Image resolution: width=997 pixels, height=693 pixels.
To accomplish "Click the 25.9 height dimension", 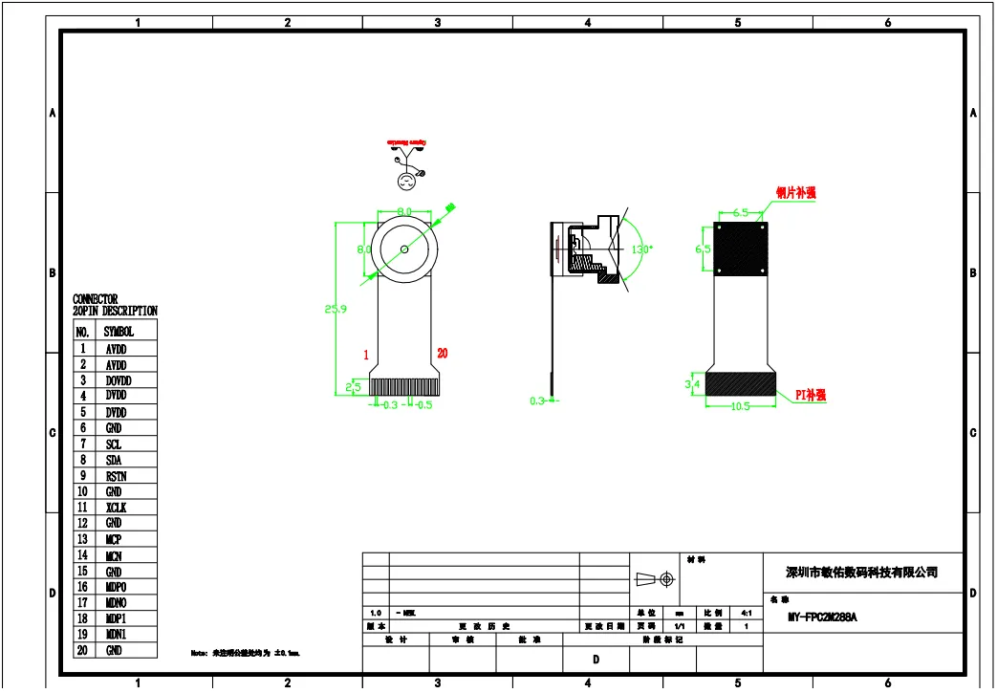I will pyautogui.click(x=336, y=309).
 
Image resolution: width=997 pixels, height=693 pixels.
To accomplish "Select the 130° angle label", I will pyautogui.click(x=640, y=249).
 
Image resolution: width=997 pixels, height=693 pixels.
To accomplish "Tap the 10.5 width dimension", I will pyautogui.click(x=739, y=405).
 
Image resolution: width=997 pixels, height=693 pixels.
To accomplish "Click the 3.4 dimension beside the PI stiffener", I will pyautogui.click(x=693, y=384).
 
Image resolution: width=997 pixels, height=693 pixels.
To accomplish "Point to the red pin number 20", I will pyautogui.click(x=442, y=354).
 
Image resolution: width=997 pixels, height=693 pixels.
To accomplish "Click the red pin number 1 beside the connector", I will pyautogui.click(x=366, y=355).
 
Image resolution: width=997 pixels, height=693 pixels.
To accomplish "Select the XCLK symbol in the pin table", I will pyautogui.click(x=116, y=508).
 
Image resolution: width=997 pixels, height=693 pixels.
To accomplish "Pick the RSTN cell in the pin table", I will pyautogui.click(x=116, y=476).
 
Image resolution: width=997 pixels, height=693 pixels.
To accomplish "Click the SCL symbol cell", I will pyautogui.click(x=114, y=444).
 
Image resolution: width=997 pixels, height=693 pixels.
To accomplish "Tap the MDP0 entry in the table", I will pyautogui.click(x=116, y=587).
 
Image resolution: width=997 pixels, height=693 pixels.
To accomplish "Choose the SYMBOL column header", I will pyautogui.click(x=119, y=332).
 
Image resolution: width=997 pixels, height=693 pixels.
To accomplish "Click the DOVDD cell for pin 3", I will pyautogui.click(x=118, y=380).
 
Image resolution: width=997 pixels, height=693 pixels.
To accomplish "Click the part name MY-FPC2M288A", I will pyautogui.click(x=822, y=617).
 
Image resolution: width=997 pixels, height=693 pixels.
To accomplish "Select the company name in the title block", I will pyautogui.click(x=861, y=573).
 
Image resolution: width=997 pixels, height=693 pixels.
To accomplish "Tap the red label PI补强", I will pyautogui.click(x=811, y=395).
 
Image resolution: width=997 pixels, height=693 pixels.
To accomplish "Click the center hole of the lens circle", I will pyautogui.click(x=404, y=249).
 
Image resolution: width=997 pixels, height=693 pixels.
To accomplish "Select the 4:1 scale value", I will pyautogui.click(x=745, y=613).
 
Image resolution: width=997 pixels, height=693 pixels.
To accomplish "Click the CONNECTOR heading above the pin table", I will pyautogui.click(x=96, y=299).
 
